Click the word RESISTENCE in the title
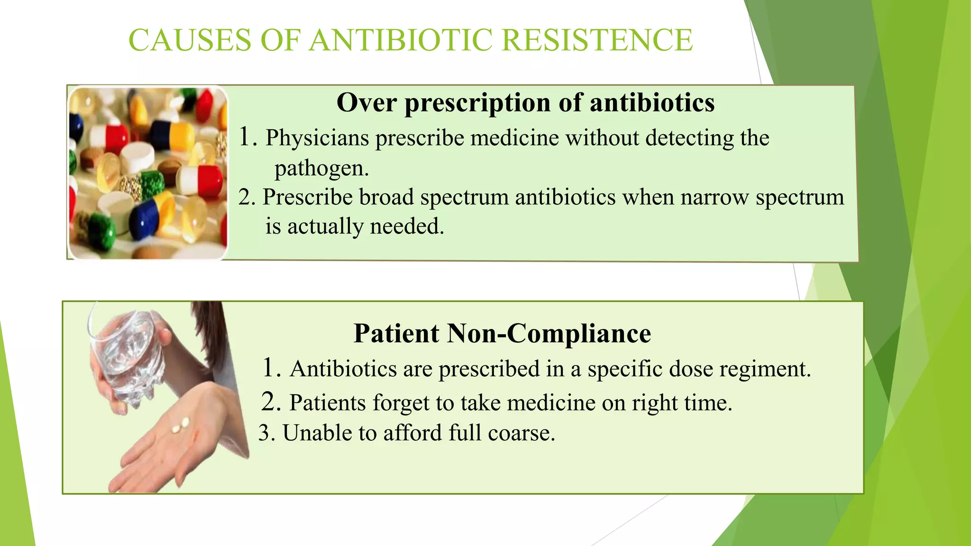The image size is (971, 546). click(597, 40)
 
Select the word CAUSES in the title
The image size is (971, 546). click(190, 40)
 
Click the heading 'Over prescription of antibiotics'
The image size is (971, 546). click(525, 102)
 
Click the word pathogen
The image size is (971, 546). click(321, 168)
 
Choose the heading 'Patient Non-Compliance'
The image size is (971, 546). click(502, 333)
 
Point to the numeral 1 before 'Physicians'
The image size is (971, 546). click(245, 137)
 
